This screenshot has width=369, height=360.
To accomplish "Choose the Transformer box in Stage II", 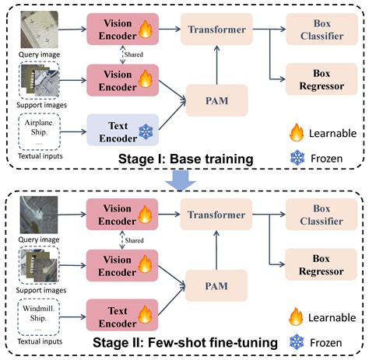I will tap(215, 215).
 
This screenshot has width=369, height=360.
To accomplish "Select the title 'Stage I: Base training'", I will tap(184, 160).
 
